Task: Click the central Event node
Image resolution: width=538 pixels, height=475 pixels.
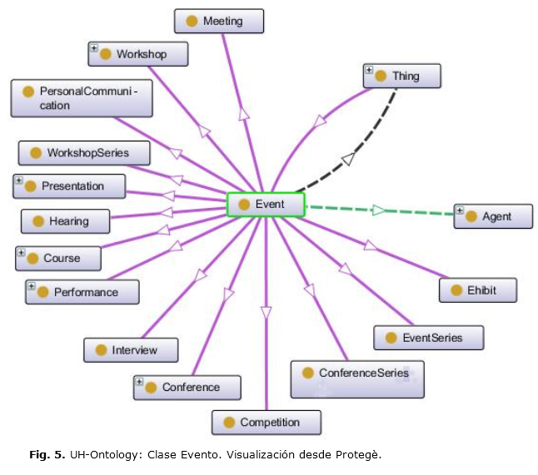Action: pyautogui.click(x=267, y=205)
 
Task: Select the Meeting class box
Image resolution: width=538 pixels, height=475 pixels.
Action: pyautogui.click(x=219, y=22)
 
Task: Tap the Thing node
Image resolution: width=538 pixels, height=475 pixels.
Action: pyautogui.click(x=402, y=77)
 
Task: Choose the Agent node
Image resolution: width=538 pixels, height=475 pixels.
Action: pyautogui.click(x=494, y=217)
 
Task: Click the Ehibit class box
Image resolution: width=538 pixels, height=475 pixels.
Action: pyautogui.click(x=479, y=290)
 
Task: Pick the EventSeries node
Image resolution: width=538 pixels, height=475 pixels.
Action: pyautogui.click(x=429, y=338)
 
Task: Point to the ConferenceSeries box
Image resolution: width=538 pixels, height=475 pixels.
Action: pyautogui.click(x=357, y=379)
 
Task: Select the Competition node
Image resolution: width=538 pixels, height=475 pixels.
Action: pyautogui.click(x=267, y=423)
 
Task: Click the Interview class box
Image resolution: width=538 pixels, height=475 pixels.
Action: pyautogui.click(x=132, y=350)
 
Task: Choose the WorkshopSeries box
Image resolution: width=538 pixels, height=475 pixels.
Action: pyautogui.click(x=85, y=153)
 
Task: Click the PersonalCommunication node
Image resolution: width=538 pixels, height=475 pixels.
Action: pyautogui.click(x=82, y=98)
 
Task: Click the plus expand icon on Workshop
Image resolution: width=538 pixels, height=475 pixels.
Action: pyautogui.click(x=94, y=48)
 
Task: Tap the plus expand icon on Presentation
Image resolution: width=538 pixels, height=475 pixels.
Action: pyautogui.click(x=19, y=181)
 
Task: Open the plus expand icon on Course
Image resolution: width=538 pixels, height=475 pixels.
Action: pyautogui.click(x=21, y=252)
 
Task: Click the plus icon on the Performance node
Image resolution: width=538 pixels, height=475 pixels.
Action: pyautogui.click(x=31, y=286)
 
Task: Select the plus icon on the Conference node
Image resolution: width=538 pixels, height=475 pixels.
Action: pyautogui.click(x=139, y=382)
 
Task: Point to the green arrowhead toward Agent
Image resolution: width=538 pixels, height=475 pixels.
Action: pyautogui.click(x=379, y=210)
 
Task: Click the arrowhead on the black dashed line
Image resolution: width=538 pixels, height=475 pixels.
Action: pyautogui.click(x=349, y=158)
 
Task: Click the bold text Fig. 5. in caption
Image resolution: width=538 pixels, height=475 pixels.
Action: pyautogui.click(x=45, y=455)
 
